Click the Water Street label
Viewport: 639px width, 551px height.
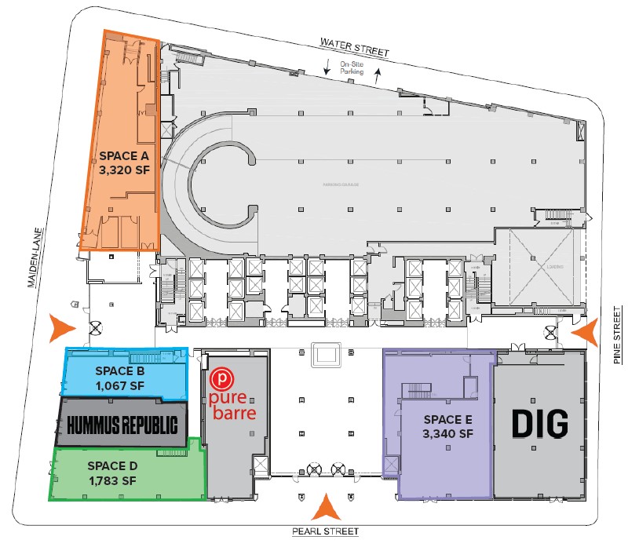[x=353, y=46]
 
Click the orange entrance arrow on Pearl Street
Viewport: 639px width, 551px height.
[x=325, y=508]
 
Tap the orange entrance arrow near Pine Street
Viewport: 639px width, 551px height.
[x=584, y=332]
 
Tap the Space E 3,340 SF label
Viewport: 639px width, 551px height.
[x=448, y=425]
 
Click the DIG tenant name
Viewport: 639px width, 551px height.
[x=539, y=424]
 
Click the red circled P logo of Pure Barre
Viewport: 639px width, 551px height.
[x=224, y=377]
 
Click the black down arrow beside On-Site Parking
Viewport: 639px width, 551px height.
[x=328, y=70]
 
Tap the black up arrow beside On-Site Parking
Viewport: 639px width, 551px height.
[x=377, y=75]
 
